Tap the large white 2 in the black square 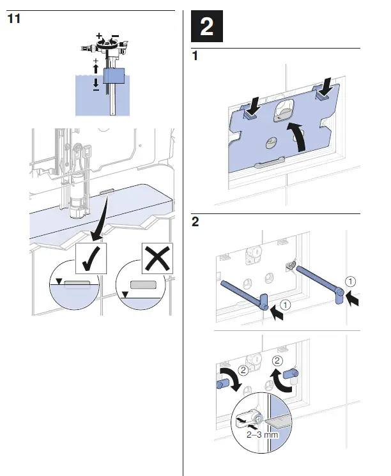point(208,27)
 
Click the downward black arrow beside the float point(96,82)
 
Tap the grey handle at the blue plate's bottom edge point(270,165)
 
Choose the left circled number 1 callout point(286,305)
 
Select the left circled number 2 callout point(243,370)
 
